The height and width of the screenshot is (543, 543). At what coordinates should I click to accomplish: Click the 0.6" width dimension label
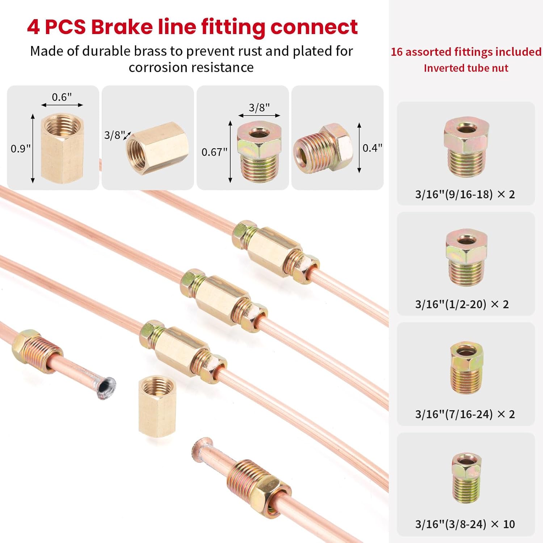click(x=62, y=97)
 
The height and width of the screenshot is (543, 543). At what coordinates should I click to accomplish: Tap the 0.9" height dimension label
click(x=20, y=148)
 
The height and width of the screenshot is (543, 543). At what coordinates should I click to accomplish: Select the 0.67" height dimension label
click(x=214, y=152)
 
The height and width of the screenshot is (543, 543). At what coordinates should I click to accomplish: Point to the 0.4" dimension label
click(x=372, y=148)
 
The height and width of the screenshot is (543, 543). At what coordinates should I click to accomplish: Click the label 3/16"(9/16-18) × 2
click(x=465, y=194)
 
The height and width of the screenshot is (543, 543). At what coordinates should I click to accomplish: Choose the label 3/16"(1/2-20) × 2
click(x=462, y=304)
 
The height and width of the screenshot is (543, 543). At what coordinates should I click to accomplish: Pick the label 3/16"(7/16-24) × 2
click(x=465, y=414)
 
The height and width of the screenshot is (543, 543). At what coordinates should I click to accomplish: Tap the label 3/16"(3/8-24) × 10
click(x=465, y=524)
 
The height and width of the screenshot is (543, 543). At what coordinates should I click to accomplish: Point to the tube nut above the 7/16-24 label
click(x=466, y=367)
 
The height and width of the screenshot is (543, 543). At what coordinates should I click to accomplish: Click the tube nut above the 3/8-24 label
click(x=466, y=477)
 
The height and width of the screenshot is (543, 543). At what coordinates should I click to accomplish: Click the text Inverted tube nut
click(x=466, y=68)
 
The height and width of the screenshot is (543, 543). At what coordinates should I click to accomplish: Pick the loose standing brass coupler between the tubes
click(x=157, y=405)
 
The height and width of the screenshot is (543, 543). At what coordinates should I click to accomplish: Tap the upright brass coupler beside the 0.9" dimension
click(x=62, y=148)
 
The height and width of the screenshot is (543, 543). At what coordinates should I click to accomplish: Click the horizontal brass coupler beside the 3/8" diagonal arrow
click(x=158, y=148)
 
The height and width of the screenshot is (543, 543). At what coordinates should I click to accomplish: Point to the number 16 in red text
click(x=397, y=52)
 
